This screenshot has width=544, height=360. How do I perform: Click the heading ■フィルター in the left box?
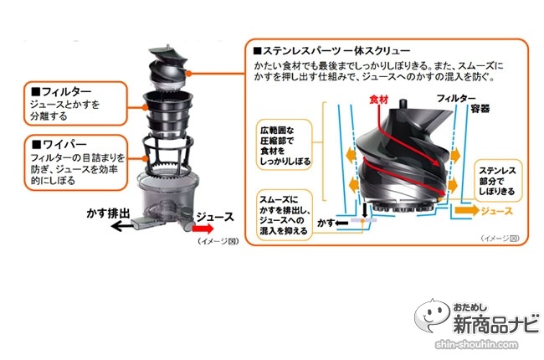click(61, 91)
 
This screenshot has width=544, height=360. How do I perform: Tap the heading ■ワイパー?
click(59, 144)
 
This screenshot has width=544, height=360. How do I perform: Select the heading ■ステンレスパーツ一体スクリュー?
click(332, 51)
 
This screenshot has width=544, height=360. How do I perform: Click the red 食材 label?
click(378, 100)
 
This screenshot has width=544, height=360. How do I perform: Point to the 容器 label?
click(480, 109)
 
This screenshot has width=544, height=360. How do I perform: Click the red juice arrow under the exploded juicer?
click(203, 229)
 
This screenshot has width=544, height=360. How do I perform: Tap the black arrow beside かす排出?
click(121, 226)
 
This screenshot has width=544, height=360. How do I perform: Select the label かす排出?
click(108, 213)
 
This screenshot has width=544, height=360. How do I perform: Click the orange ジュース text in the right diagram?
click(497, 211)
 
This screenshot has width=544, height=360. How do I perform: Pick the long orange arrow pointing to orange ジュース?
click(467, 210)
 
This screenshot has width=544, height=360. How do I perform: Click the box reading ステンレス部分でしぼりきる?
click(498, 181)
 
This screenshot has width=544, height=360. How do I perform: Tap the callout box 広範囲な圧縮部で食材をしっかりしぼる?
click(285, 145)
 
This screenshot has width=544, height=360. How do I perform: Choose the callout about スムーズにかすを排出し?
click(285, 215)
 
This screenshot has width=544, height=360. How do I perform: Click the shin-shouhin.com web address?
click(477, 345)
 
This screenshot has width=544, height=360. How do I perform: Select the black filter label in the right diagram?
click(456, 99)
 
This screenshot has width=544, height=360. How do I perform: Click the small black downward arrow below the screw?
click(364, 210)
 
